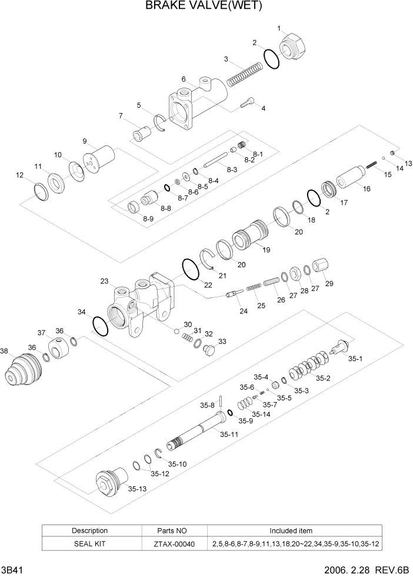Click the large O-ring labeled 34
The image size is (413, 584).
(x=101, y=326)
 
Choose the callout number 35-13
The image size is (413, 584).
(x=138, y=489)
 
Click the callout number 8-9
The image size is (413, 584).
(x=148, y=218)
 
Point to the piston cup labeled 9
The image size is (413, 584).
(x=98, y=160)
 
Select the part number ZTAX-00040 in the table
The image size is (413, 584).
(x=175, y=544)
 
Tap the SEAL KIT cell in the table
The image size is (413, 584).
(x=89, y=544)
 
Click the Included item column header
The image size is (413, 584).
(x=291, y=530)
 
